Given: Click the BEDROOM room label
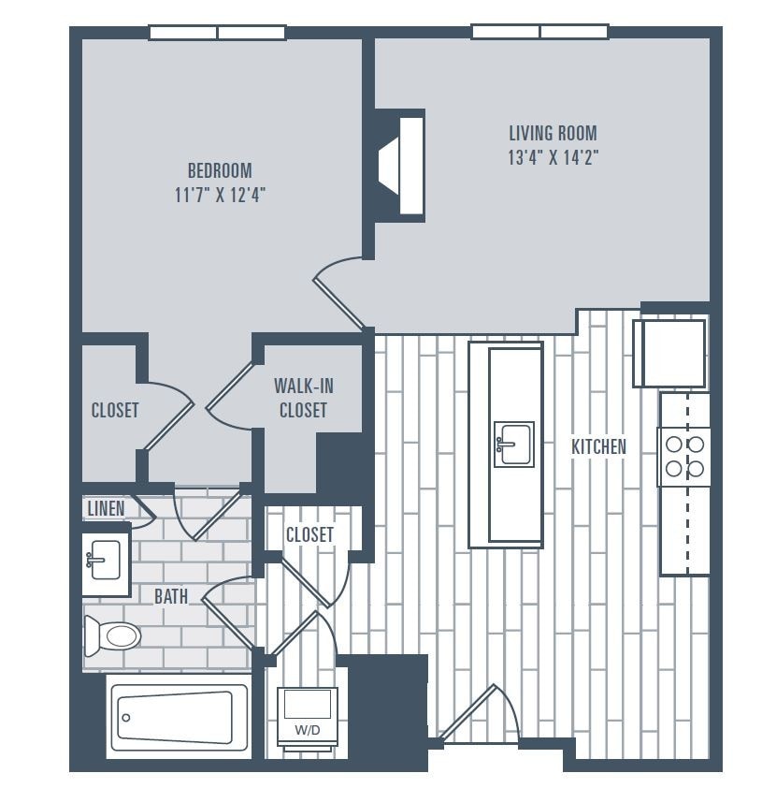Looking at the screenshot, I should (x=220, y=170).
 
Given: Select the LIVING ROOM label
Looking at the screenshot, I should (x=553, y=133).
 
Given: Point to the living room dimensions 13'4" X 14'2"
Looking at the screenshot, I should (x=553, y=157).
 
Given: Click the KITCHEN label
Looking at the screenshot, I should (x=598, y=446).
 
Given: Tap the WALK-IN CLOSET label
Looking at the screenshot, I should (x=303, y=398).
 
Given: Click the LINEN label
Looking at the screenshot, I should (x=106, y=508).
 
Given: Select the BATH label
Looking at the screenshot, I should (x=171, y=595).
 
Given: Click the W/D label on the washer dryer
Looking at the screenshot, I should (x=306, y=729).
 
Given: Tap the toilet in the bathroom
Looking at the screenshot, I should (x=112, y=636).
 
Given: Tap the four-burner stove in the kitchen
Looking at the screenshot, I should (x=683, y=456).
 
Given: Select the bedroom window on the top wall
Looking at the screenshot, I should (x=217, y=33).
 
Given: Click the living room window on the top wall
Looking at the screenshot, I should (x=539, y=32).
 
